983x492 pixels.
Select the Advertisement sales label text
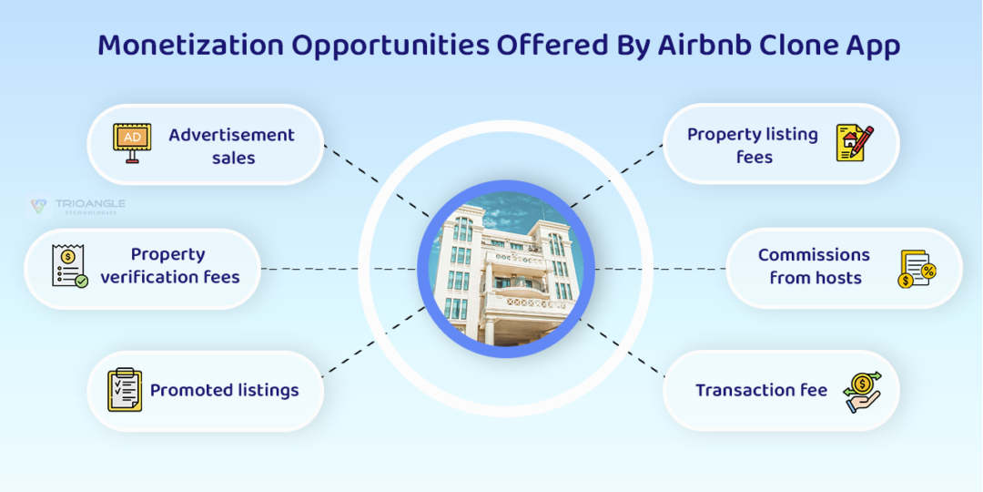[x=232, y=146]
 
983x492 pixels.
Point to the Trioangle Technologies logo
[x=76, y=207]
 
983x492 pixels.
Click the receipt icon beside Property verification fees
[x=69, y=266]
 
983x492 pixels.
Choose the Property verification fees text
[x=169, y=266]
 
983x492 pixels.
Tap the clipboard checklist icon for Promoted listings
[x=124, y=390]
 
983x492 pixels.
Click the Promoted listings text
[x=224, y=390]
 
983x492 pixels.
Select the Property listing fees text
[x=753, y=146]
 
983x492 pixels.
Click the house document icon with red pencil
[x=854, y=144]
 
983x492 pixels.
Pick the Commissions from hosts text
[x=814, y=266]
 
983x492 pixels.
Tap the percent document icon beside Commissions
[x=916, y=269]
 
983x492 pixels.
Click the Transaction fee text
[x=761, y=390]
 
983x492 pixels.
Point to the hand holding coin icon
[x=861, y=390]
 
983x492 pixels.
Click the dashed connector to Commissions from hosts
[x=660, y=269]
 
